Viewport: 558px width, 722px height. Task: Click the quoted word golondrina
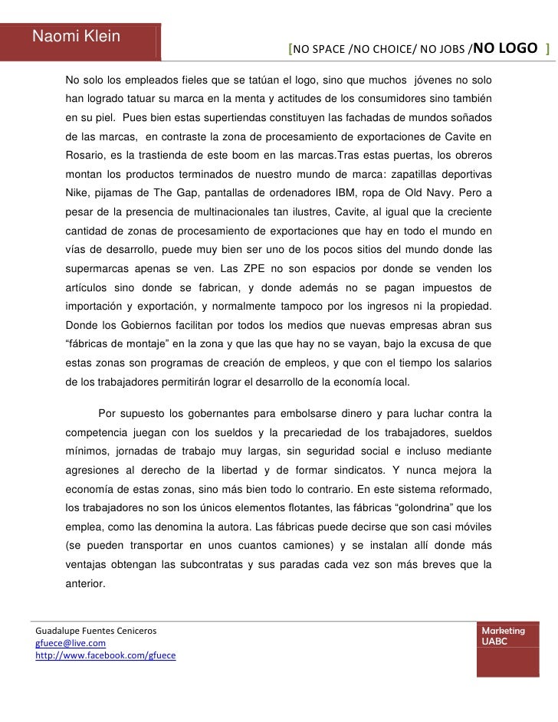[412, 507]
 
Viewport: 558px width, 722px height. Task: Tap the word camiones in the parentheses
[297, 544]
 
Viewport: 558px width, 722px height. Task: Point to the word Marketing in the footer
[504, 630]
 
